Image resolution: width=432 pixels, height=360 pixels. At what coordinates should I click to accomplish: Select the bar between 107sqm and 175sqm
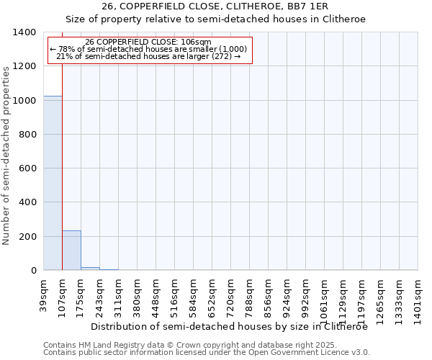[71, 251]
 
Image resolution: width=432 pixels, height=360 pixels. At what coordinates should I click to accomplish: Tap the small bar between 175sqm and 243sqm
[90, 269]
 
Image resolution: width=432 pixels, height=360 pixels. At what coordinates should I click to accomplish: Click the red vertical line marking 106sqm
[62, 158]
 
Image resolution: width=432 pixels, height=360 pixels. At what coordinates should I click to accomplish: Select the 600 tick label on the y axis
[27, 168]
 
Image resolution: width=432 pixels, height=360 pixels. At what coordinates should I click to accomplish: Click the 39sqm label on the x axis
[44, 294]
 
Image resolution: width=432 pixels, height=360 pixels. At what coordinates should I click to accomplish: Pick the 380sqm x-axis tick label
[138, 296]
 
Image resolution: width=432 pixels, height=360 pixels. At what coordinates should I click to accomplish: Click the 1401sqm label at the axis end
[418, 298]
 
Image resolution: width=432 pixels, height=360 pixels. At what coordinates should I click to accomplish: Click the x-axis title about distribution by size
[230, 326]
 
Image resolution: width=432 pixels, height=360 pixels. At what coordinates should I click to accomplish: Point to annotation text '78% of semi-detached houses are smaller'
[149, 49]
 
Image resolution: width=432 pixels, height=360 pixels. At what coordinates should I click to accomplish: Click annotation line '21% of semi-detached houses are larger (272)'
[149, 56]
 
